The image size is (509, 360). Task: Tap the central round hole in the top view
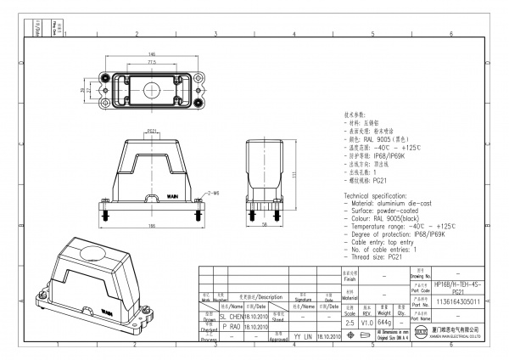click(x=152, y=88)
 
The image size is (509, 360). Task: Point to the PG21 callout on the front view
click(x=152, y=132)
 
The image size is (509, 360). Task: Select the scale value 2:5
click(x=350, y=323)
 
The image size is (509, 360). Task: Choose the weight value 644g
click(x=385, y=323)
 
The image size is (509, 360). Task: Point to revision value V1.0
click(x=366, y=323)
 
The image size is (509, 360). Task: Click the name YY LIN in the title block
click(x=298, y=336)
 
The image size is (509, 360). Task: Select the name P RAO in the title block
click(x=231, y=325)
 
